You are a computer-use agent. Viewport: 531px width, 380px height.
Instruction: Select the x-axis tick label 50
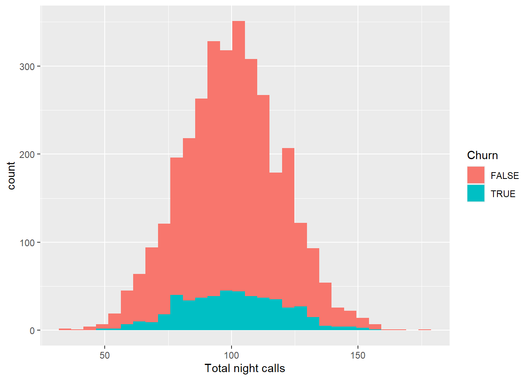[x=105, y=355]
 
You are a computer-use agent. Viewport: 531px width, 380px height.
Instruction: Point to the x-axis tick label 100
[x=232, y=355]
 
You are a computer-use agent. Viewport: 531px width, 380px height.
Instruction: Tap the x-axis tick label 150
[x=358, y=355]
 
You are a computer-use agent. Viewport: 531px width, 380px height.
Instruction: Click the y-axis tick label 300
[x=27, y=66]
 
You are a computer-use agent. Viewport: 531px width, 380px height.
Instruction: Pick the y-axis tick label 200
[x=27, y=154]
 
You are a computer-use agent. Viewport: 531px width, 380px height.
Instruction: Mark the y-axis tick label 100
[x=27, y=242]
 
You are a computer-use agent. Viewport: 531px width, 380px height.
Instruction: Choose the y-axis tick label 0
[x=32, y=331]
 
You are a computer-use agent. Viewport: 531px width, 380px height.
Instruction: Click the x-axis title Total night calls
[x=245, y=369]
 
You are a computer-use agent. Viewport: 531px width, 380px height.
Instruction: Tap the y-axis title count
[x=11, y=176]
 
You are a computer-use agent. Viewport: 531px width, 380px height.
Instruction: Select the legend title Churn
[x=482, y=155]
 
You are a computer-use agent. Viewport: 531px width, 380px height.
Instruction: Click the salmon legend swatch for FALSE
[x=476, y=175]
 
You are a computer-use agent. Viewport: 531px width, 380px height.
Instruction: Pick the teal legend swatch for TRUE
[x=476, y=193]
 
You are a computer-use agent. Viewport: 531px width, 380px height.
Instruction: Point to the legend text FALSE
[x=505, y=176]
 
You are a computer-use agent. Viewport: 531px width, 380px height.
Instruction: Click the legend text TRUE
[x=503, y=194]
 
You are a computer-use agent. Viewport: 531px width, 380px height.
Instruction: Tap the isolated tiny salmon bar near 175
[x=425, y=329]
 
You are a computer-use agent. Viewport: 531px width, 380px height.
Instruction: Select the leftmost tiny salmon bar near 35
[x=65, y=329]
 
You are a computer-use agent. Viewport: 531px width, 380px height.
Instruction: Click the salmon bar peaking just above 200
[x=288, y=226]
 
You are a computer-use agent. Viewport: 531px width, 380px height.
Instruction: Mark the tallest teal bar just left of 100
[x=226, y=310]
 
